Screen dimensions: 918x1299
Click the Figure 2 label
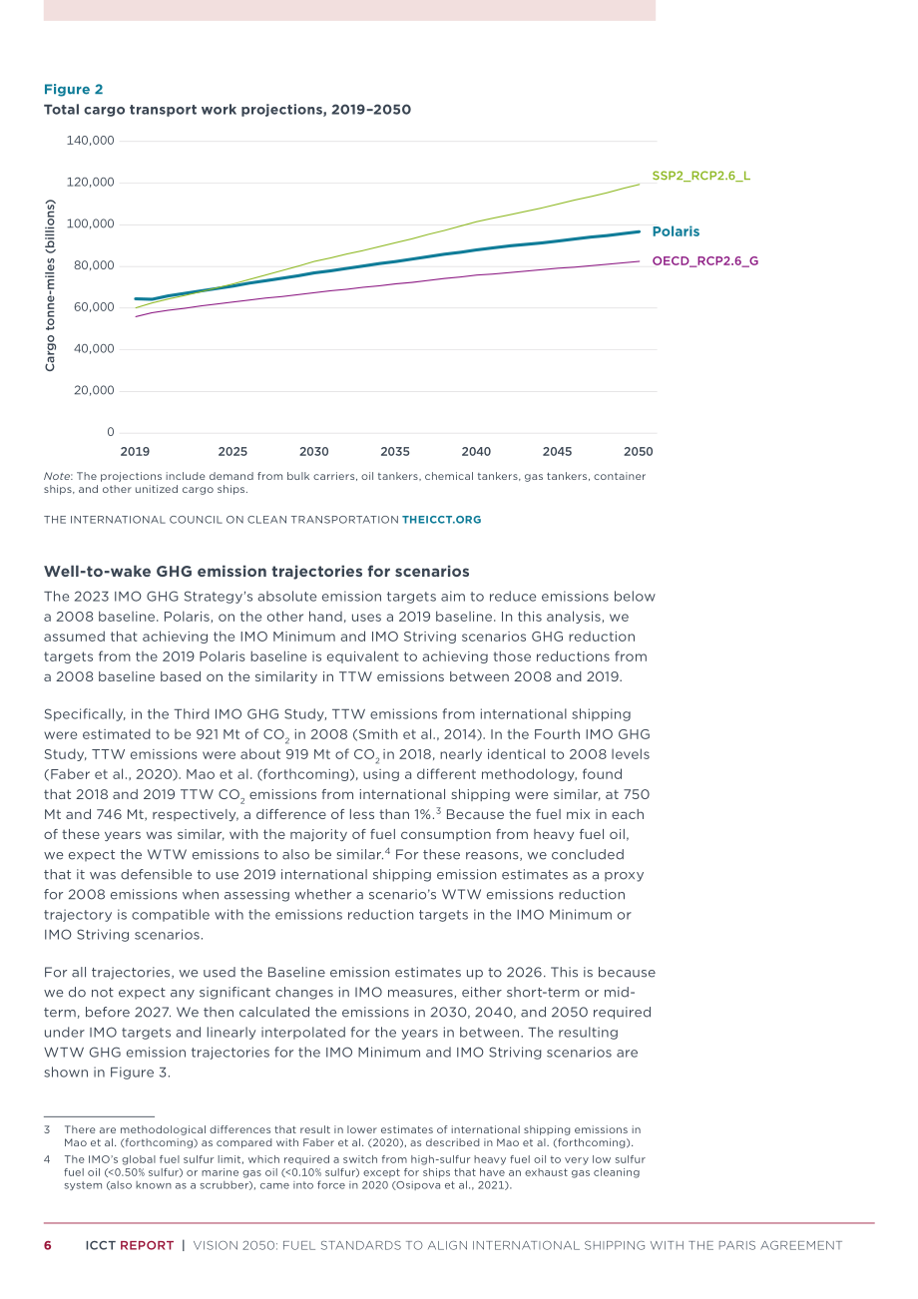coord(73,90)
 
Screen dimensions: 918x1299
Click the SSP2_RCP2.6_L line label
coord(700,176)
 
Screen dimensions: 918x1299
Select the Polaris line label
coord(676,231)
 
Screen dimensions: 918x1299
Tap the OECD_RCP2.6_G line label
coord(705,261)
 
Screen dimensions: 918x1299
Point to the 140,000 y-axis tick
coord(91,141)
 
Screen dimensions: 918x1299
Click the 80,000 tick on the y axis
coord(94,265)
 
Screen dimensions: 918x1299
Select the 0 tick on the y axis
coord(111,432)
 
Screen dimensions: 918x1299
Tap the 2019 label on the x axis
coord(135,451)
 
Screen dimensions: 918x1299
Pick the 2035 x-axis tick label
coord(395,451)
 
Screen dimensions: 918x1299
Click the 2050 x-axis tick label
coord(638,451)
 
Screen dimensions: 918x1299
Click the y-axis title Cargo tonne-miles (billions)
coord(50,285)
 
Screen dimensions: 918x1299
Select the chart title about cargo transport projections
coord(228,110)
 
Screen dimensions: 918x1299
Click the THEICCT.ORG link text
coord(442,520)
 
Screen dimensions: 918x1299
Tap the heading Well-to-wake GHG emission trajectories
coord(256,572)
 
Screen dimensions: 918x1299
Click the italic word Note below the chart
coord(57,476)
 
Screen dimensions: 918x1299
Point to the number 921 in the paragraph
coord(207,734)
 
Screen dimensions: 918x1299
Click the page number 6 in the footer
coord(48,1245)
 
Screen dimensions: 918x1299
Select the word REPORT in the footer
coord(147,1245)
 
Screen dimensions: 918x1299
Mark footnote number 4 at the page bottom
coord(47,1159)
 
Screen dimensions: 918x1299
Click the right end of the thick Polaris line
coord(639,231)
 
